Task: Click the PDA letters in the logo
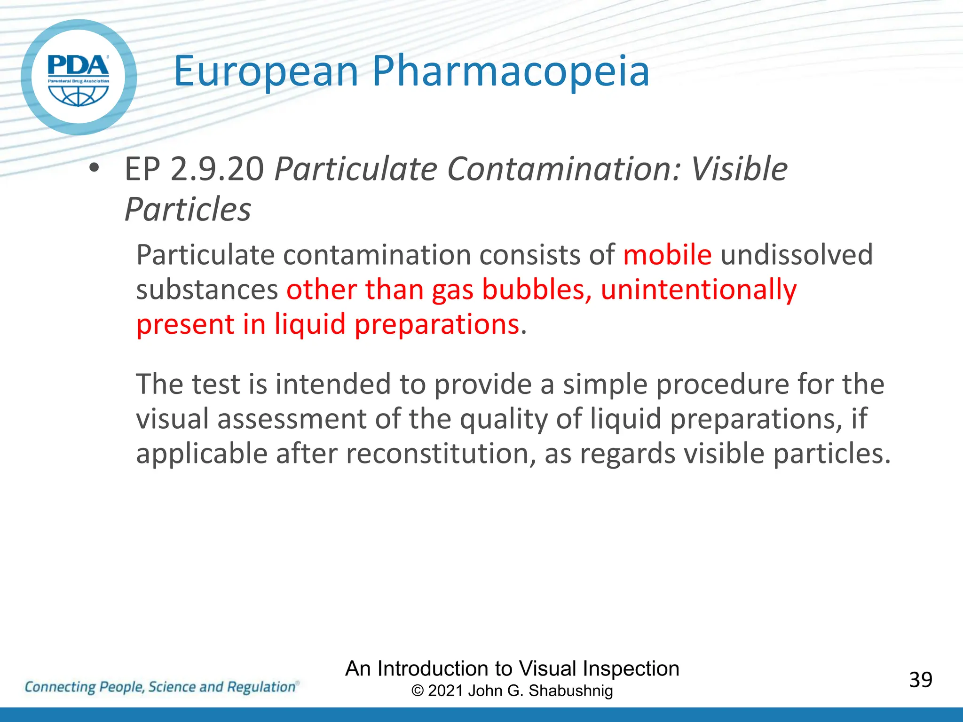point(79,65)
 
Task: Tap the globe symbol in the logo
point(79,94)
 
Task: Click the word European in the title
point(266,72)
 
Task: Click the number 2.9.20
point(217,169)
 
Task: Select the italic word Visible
point(739,169)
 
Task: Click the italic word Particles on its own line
point(188,210)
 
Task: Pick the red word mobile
point(667,255)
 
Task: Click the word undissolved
point(797,255)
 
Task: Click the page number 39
point(920,680)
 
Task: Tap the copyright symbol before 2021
point(417,691)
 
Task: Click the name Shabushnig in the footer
point(570,691)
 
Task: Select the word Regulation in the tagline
point(261,687)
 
